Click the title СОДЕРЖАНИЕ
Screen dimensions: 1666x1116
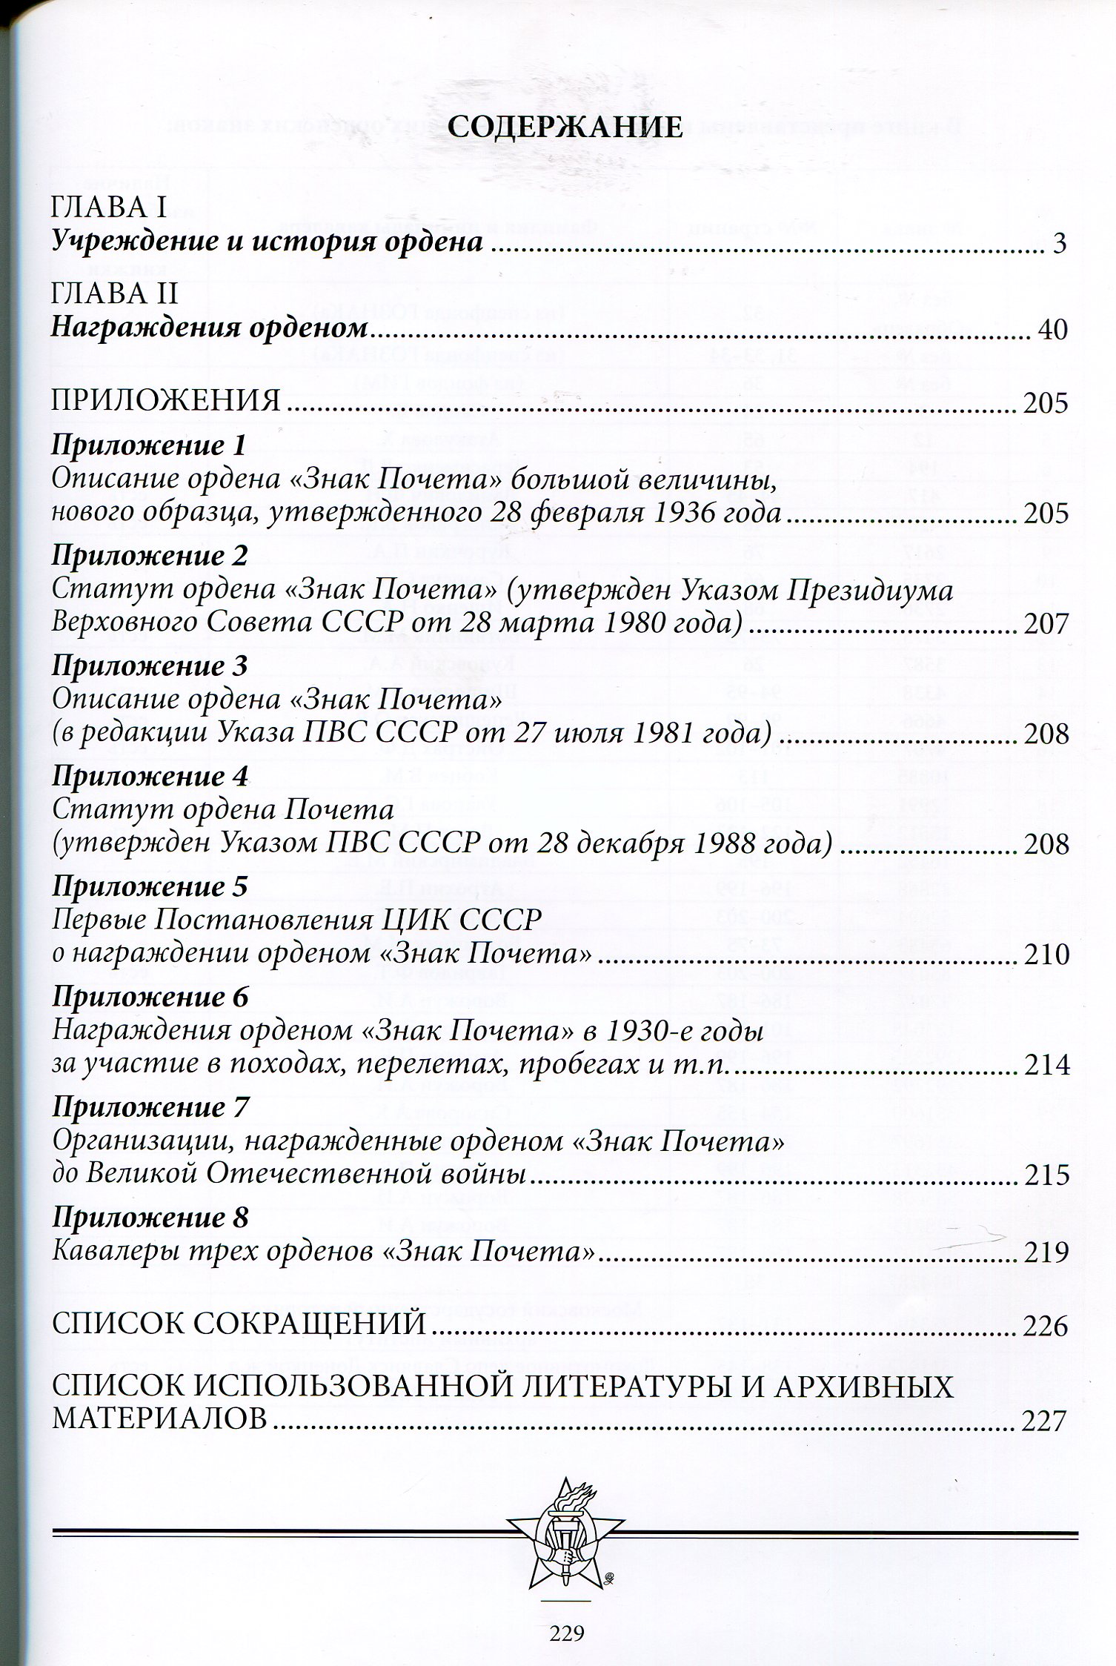[x=565, y=127]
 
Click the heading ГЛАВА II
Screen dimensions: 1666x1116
[x=114, y=295]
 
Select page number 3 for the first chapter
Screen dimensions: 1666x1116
[x=1059, y=243]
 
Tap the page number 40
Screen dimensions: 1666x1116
[x=1052, y=330]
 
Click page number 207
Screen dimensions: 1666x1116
[x=1045, y=624]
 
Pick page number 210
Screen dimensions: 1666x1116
[x=1045, y=955]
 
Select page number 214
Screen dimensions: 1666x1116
[x=1045, y=1065]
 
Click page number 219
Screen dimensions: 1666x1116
[x=1045, y=1252]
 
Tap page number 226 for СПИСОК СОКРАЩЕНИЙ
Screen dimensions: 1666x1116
[x=1045, y=1326]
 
